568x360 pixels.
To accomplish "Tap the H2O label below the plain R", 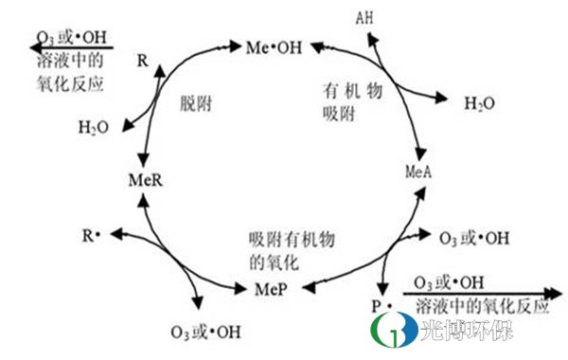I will click(x=93, y=126).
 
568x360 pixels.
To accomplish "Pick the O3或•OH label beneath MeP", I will click(x=204, y=332).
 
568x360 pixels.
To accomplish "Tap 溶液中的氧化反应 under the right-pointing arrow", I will click(x=483, y=309).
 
